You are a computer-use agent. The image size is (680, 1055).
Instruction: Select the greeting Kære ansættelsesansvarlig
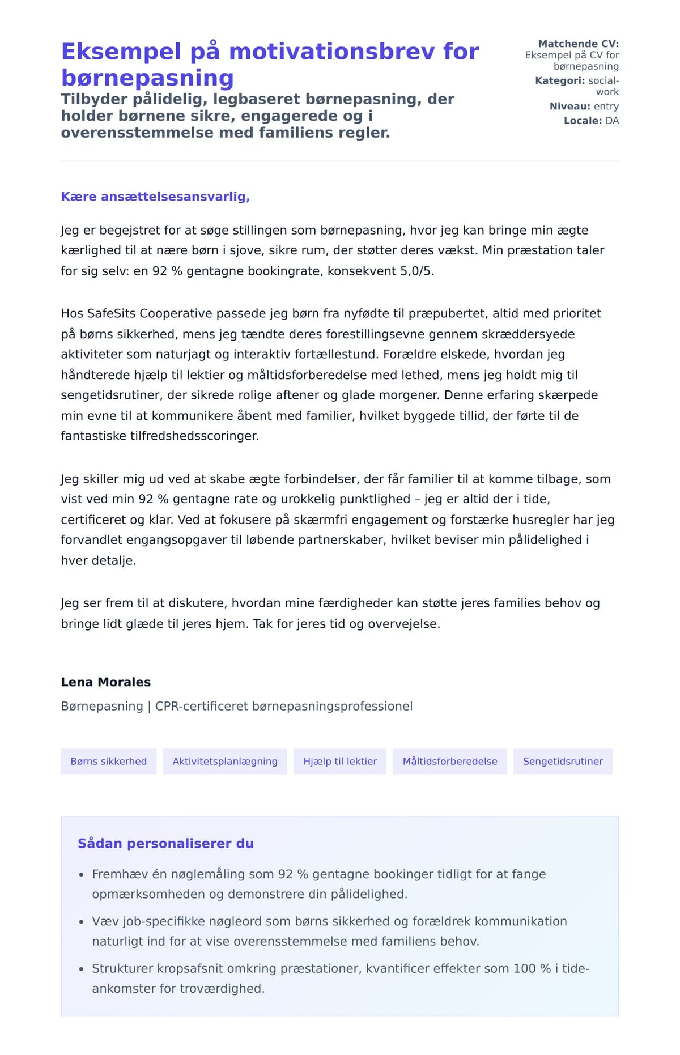pyautogui.click(x=155, y=197)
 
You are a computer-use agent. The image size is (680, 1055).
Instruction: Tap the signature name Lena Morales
pyautogui.click(x=106, y=682)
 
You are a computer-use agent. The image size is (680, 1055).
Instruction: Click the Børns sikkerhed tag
pyautogui.click(x=108, y=762)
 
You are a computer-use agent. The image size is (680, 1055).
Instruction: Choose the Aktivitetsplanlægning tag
pyautogui.click(x=225, y=762)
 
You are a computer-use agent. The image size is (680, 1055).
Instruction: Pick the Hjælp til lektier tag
pyautogui.click(x=340, y=762)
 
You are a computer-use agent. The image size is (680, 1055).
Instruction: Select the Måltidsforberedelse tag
pyautogui.click(x=450, y=762)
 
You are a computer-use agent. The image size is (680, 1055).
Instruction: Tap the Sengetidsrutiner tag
pyautogui.click(x=563, y=762)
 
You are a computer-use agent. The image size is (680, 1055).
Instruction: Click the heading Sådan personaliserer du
pyautogui.click(x=165, y=844)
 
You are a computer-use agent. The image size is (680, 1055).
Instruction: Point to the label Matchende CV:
pyautogui.click(x=578, y=44)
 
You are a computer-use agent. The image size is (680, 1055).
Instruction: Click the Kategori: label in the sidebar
pyautogui.click(x=560, y=80)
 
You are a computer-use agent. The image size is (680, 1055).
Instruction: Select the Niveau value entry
pyautogui.click(x=606, y=106)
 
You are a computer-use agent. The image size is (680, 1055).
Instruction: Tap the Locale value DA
pyautogui.click(x=612, y=121)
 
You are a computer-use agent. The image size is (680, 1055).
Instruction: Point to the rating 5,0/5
pyautogui.click(x=417, y=271)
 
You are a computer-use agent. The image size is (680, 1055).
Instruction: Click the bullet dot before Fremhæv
pyautogui.click(x=82, y=875)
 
